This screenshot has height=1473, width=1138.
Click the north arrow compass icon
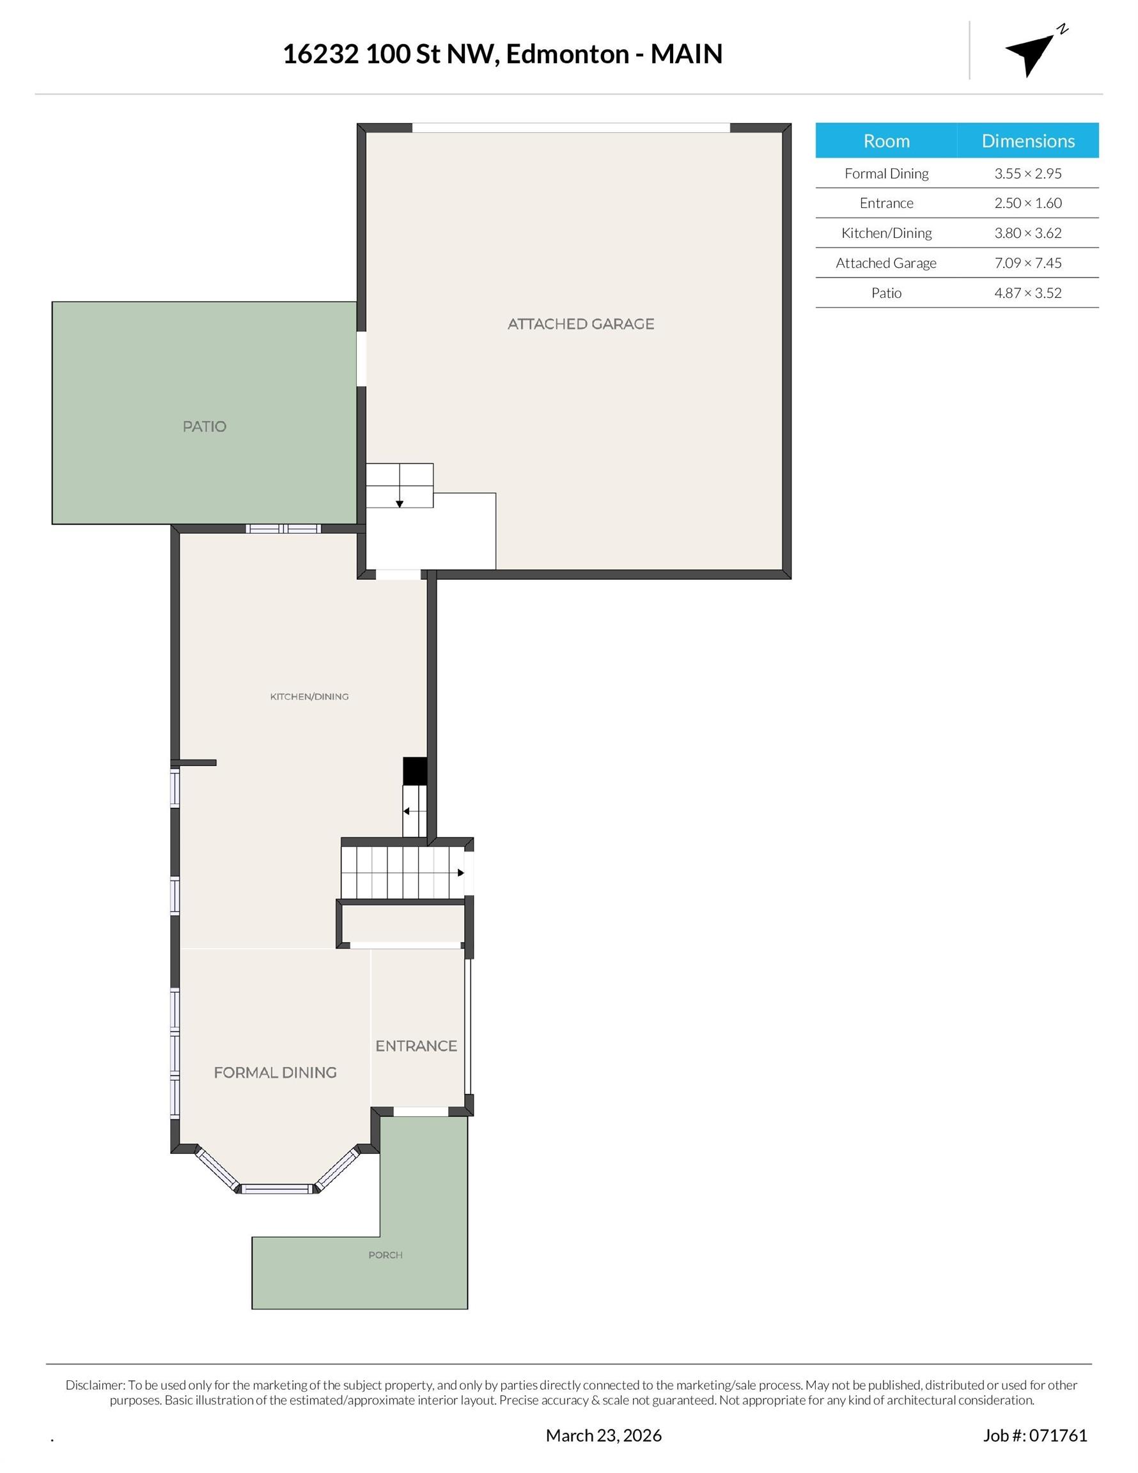tap(1031, 53)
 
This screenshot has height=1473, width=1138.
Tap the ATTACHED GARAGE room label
tap(580, 323)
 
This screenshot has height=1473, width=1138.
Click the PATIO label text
tap(205, 426)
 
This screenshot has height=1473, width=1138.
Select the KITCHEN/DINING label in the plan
tap(309, 697)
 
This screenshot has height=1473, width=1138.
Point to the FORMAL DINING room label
tap(274, 1072)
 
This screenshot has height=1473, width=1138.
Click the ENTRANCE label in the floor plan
tap(416, 1046)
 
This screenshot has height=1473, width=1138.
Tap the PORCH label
tap(385, 1255)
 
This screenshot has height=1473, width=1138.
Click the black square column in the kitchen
tap(415, 771)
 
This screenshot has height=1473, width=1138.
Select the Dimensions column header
tap(1027, 141)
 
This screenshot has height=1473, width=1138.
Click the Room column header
tap(886, 141)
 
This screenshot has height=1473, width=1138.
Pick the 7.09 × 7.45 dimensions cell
tap(1027, 263)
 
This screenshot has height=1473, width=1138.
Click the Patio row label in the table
tap(886, 293)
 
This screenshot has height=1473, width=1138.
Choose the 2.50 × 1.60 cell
tap(1027, 203)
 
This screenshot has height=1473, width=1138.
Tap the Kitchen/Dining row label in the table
tap(886, 233)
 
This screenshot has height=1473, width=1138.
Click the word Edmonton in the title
tap(566, 54)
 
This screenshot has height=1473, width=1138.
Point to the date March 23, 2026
tap(603, 1435)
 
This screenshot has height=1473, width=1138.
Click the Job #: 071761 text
tap(1035, 1435)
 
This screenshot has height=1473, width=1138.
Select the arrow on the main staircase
tap(460, 873)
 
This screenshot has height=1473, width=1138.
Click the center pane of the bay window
tap(277, 1189)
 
